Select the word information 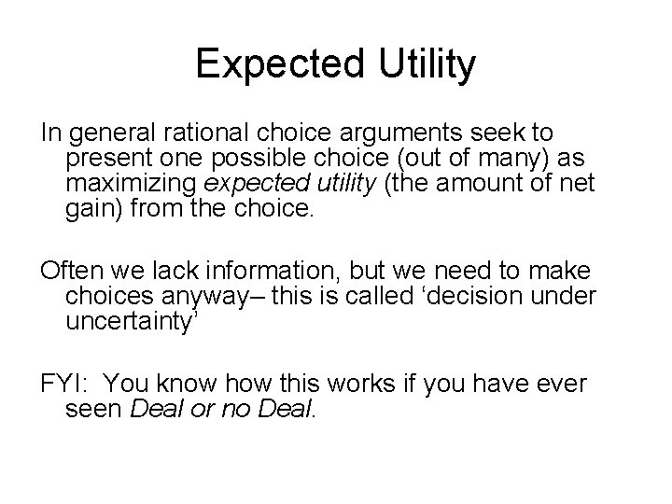[x=273, y=273]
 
